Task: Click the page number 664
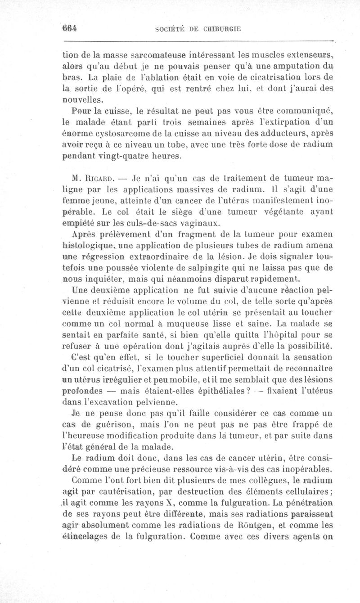pos(70,27)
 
